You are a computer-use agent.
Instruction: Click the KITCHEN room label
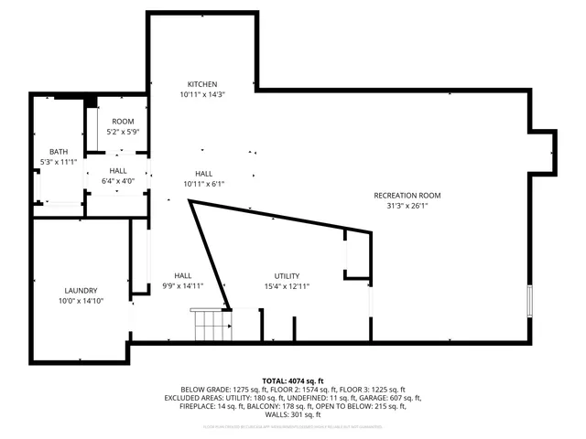click(x=202, y=83)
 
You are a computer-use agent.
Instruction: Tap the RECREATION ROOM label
click(x=407, y=195)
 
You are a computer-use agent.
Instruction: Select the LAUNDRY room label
click(x=81, y=290)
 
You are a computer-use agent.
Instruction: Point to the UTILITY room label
click(x=287, y=275)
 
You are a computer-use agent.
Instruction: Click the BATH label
click(x=59, y=152)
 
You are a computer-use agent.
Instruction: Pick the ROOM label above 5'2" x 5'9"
click(x=123, y=122)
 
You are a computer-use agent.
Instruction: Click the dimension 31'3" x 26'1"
click(x=407, y=206)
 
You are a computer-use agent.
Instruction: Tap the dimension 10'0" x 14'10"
click(x=81, y=301)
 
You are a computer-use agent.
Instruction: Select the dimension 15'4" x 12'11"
click(x=287, y=286)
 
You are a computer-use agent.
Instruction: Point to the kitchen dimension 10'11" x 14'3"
click(x=202, y=94)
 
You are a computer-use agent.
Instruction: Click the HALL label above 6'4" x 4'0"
click(x=118, y=170)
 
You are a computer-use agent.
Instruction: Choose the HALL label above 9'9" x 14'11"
click(x=183, y=275)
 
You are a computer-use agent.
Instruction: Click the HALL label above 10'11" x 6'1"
click(x=203, y=173)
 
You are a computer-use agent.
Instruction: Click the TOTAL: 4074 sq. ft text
click(x=293, y=380)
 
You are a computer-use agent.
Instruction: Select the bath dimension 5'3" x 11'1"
click(x=59, y=163)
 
